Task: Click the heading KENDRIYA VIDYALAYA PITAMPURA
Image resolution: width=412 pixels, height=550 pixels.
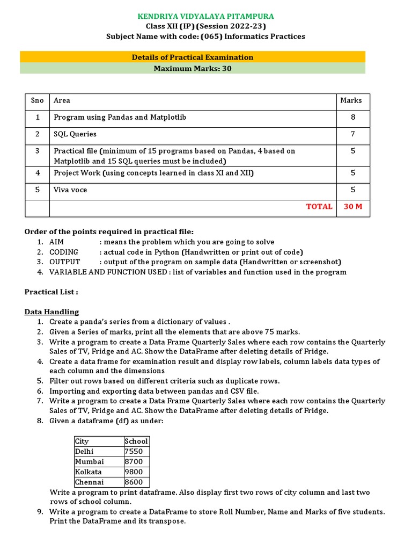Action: pos(206,17)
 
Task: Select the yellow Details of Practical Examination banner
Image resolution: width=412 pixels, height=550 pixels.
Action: pos(193,57)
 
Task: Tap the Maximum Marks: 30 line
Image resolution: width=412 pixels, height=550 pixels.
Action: pos(193,68)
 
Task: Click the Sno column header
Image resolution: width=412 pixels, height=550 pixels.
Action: pos(38,100)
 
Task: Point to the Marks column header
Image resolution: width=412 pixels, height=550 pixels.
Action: pos(351,100)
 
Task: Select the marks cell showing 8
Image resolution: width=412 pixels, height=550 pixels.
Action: pos(352,117)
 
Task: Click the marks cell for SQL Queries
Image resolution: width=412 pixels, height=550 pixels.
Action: pos(352,134)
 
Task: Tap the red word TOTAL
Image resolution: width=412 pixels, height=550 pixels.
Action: pos(319,206)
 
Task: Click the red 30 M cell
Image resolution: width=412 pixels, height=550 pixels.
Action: pos(352,206)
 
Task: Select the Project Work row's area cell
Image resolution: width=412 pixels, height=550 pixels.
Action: pos(153,173)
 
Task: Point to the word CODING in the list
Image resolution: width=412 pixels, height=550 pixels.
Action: pos(64,252)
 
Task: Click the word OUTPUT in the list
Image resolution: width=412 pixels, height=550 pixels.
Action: pos(64,262)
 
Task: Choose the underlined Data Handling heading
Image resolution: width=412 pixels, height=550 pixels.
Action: pos(51,312)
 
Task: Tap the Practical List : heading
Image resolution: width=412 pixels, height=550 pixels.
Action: pos(51,292)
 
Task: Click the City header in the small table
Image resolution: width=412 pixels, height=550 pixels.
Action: pos(82,441)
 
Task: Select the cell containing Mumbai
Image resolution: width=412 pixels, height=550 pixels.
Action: pos(90,461)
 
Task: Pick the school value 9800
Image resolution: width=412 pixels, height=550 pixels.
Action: pos(134,472)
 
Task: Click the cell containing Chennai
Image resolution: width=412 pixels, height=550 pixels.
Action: pos(90,482)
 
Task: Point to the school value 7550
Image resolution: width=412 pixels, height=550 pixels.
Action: pos(134,451)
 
